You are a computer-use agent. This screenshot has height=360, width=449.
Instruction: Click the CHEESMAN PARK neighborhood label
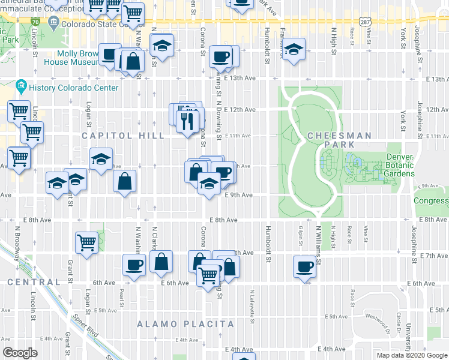point(339,136)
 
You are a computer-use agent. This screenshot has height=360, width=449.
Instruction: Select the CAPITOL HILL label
point(123,136)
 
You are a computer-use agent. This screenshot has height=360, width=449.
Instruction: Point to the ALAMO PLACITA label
point(185,324)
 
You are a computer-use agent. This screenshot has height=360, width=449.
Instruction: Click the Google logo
point(20,353)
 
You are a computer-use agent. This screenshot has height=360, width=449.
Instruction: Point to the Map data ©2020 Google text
point(412,355)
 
